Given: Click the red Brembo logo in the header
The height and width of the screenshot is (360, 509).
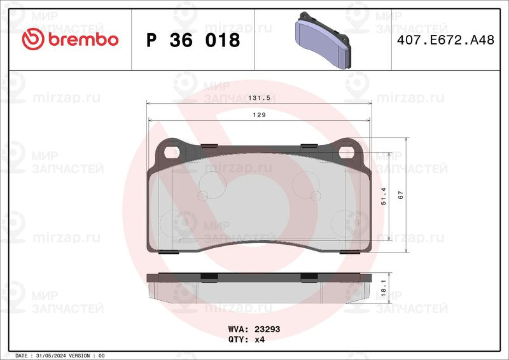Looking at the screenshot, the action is pyautogui.click(x=70, y=39).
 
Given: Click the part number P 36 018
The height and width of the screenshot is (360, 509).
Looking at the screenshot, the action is pyautogui.click(x=193, y=40).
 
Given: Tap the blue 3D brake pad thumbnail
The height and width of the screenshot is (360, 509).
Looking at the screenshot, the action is pyautogui.click(x=323, y=40).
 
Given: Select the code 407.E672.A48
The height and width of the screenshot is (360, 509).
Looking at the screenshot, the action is pyautogui.click(x=445, y=40).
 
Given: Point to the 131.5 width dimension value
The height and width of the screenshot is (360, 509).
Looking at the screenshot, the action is pyautogui.click(x=259, y=98).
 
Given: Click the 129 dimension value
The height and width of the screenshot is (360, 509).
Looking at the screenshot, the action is pyautogui.click(x=259, y=115).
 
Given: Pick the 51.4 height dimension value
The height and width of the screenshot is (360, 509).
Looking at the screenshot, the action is pyautogui.click(x=384, y=196).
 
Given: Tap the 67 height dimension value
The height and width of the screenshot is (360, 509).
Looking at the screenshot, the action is pyautogui.click(x=401, y=195).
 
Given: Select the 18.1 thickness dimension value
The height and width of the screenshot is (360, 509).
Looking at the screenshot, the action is pyautogui.click(x=384, y=288).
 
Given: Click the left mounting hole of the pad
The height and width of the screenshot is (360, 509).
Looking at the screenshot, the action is pyautogui.click(x=171, y=152).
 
